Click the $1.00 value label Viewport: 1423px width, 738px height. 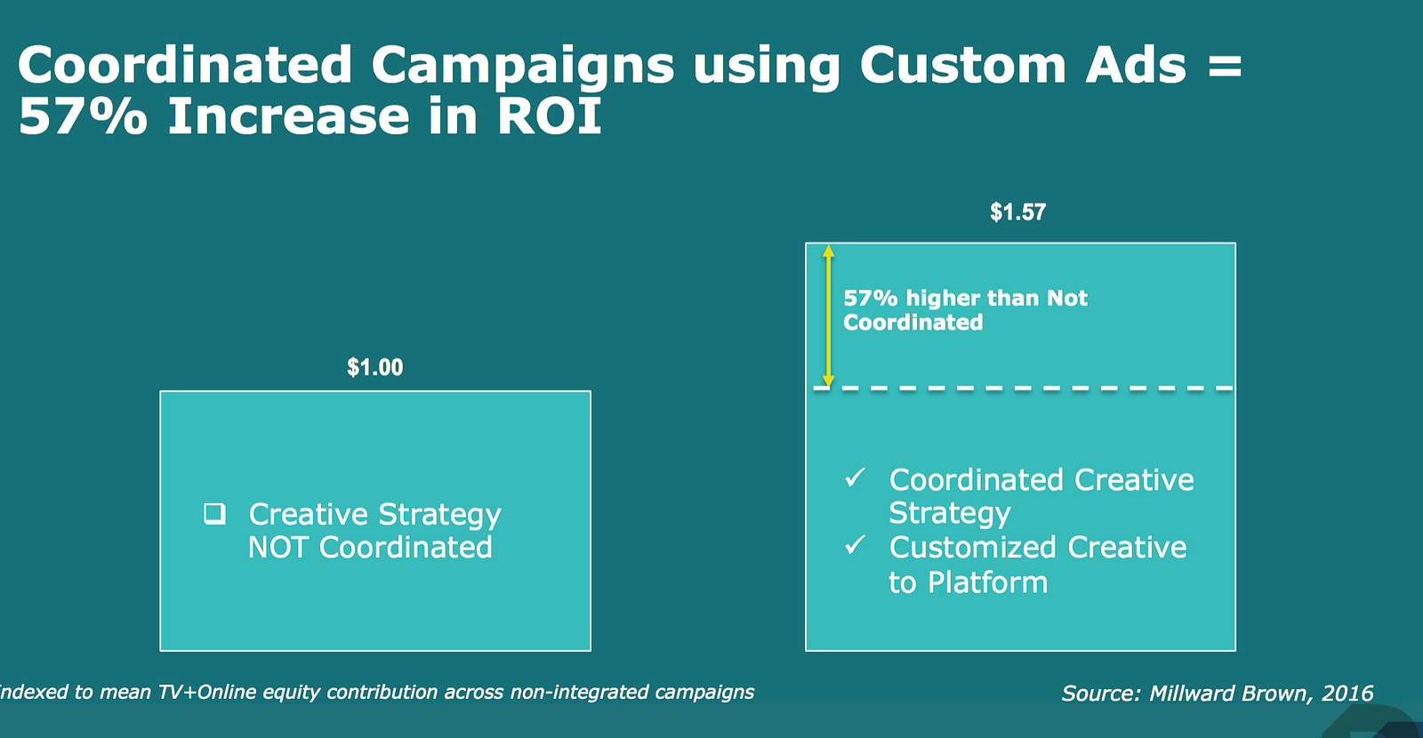tap(374, 368)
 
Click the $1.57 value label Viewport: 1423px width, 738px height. tap(1017, 213)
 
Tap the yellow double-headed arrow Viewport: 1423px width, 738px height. tap(828, 316)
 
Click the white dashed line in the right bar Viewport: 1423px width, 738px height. tap(1023, 388)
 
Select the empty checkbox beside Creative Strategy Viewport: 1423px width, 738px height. tap(214, 514)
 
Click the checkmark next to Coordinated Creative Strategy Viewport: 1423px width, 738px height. tap(855, 477)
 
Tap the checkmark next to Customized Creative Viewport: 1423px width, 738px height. tap(855, 545)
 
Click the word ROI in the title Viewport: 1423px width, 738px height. tap(550, 116)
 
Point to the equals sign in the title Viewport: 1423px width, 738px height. tap(1225, 66)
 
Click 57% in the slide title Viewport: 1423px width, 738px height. tap(84, 116)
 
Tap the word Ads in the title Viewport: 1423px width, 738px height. tap(1136, 65)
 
